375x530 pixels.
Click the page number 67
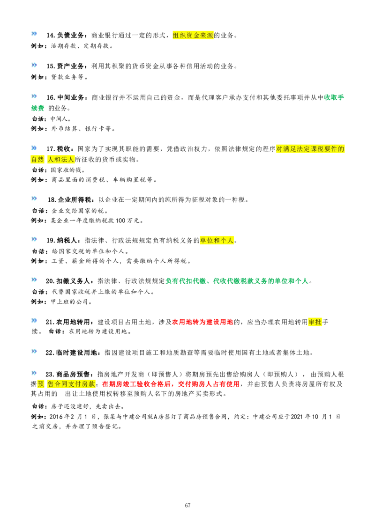(187, 505)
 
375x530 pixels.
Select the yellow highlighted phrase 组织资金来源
(193, 35)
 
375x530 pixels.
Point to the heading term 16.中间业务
(65, 97)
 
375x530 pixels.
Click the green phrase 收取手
(334, 97)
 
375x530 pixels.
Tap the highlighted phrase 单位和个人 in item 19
(217, 240)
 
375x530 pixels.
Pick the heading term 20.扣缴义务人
(67, 281)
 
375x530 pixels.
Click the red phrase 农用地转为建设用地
(202, 322)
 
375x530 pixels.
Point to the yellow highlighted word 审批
(315, 322)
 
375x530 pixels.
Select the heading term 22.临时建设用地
(73, 353)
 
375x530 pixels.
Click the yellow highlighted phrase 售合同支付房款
(71, 384)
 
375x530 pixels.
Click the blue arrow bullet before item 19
(34, 239)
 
